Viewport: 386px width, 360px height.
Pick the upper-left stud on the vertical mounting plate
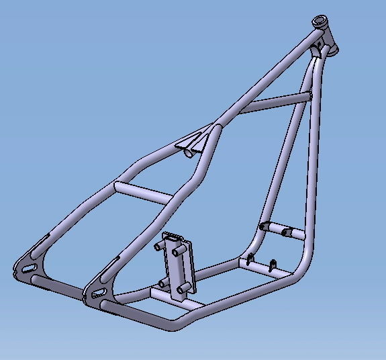pyautogui.click(x=160, y=246)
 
